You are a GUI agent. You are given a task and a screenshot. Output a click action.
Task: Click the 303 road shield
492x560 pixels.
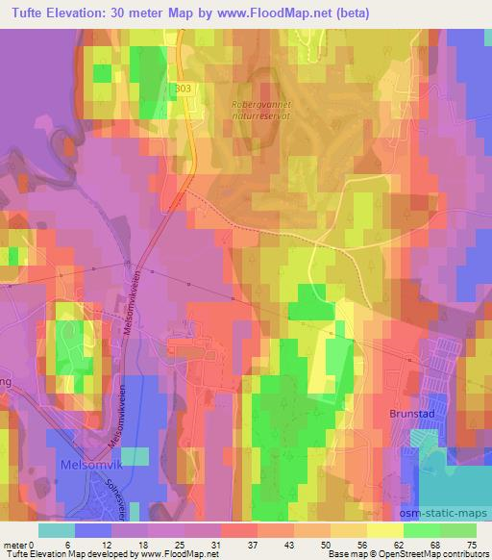184,88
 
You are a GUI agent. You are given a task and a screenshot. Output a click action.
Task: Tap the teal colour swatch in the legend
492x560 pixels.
57,529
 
